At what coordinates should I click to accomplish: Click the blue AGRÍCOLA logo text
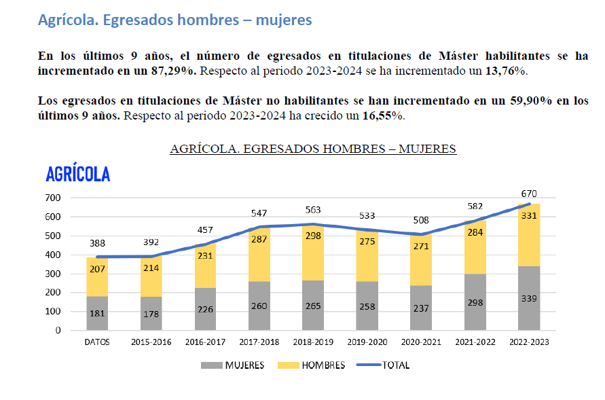[x=77, y=175]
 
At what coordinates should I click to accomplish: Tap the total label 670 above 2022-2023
[x=528, y=194]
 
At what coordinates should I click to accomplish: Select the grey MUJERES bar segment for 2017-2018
[x=259, y=306]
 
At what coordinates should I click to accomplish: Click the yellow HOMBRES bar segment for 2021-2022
[x=475, y=247]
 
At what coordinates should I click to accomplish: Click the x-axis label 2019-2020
[x=367, y=342]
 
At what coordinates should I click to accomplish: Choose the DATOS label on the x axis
[x=96, y=342]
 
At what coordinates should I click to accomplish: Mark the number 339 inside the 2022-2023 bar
[x=528, y=299]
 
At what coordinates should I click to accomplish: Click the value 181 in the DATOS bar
[x=96, y=314]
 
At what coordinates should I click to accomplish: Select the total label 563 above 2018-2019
[x=313, y=210]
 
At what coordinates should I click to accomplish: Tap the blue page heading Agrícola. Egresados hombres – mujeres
[x=175, y=20]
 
